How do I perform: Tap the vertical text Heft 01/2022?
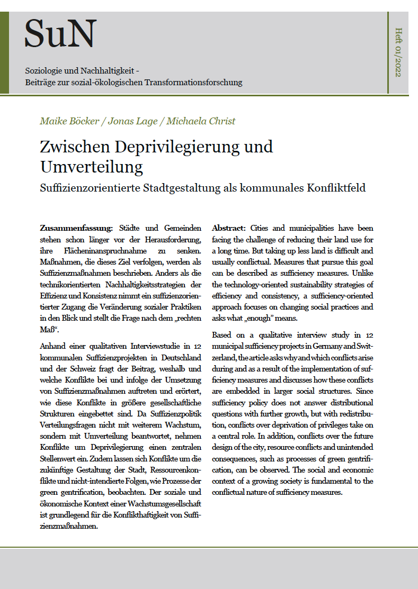click(x=398, y=52)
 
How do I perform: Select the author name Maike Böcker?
click(x=70, y=121)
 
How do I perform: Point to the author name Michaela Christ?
click(x=201, y=121)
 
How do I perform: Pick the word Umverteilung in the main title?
click(x=91, y=167)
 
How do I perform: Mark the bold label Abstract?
click(x=229, y=228)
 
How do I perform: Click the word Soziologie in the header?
click(x=43, y=71)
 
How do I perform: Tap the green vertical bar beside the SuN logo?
click(x=4, y=52)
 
